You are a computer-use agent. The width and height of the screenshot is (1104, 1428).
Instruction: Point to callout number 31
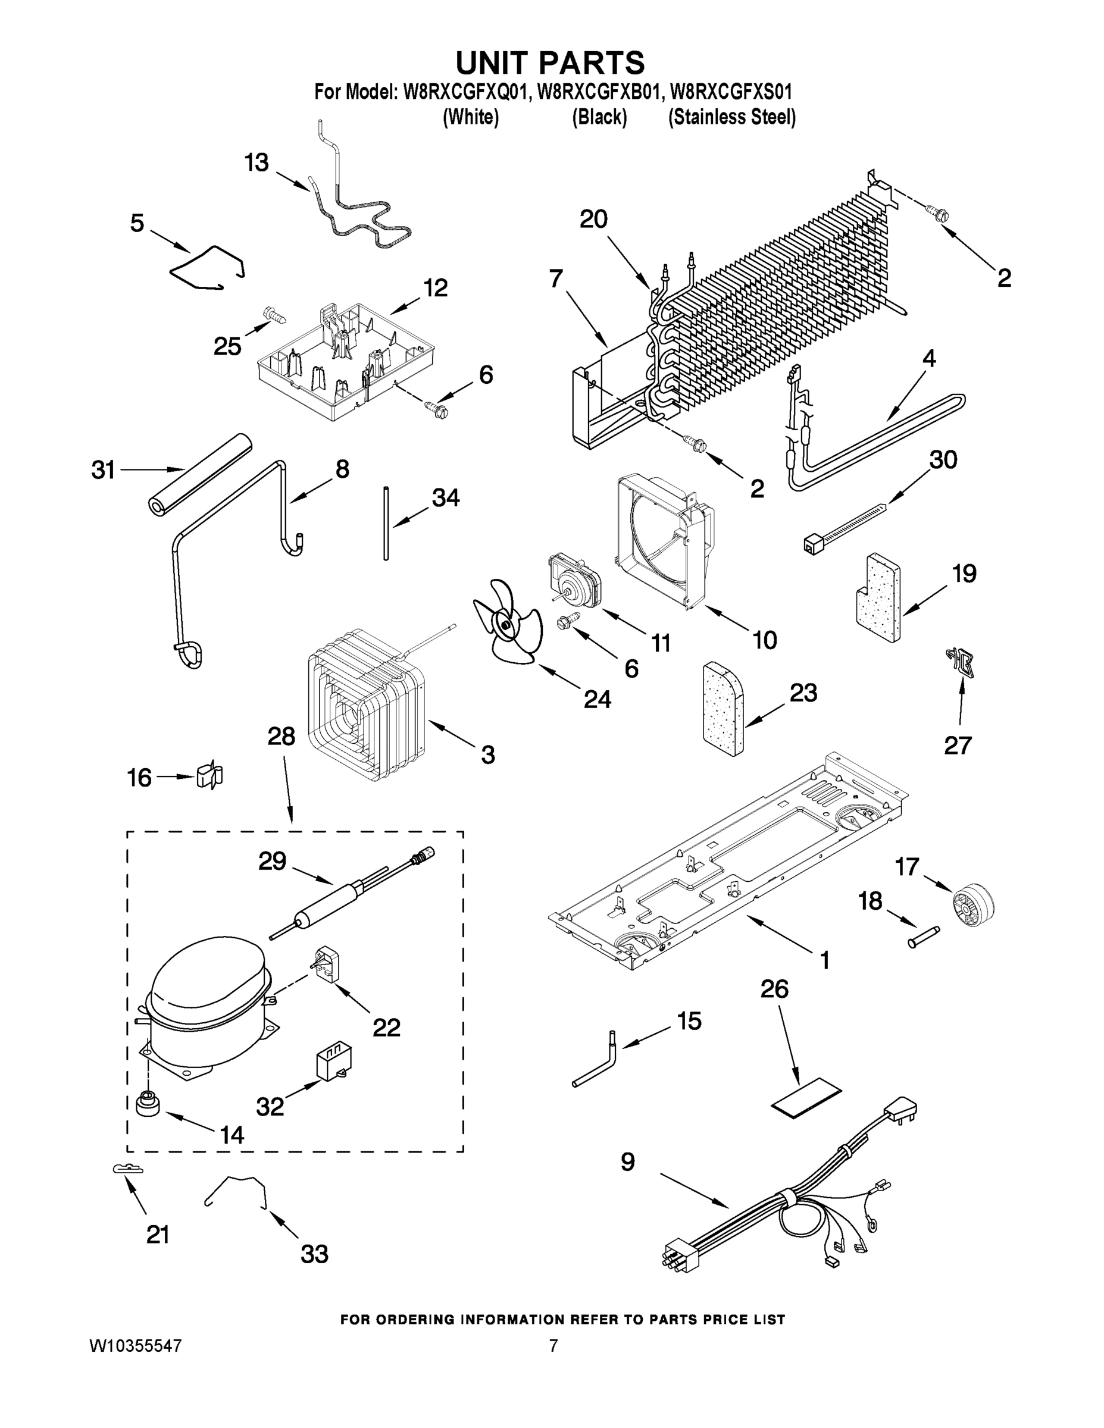(x=104, y=469)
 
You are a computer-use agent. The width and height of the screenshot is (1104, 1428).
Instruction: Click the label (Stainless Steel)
(x=731, y=117)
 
